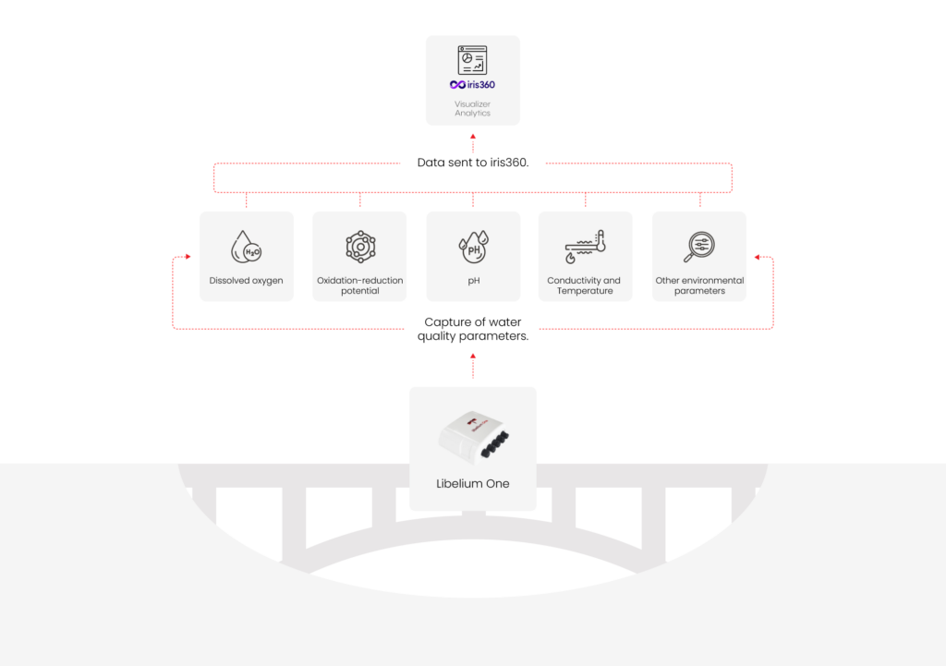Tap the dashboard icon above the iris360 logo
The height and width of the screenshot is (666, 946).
click(472, 60)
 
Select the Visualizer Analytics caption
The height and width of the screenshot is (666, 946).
click(472, 109)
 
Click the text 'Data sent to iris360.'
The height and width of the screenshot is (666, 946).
click(473, 163)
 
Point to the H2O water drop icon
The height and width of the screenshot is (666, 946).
click(246, 247)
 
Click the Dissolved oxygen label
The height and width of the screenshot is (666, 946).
click(246, 281)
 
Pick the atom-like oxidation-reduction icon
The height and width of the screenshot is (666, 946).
click(360, 247)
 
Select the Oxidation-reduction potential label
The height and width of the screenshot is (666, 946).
click(360, 285)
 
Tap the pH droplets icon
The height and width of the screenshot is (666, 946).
click(474, 247)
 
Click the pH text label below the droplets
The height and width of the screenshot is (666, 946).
click(474, 281)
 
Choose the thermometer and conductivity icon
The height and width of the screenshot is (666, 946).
click(585, 247)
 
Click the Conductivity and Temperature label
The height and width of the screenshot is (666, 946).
click(584, 285)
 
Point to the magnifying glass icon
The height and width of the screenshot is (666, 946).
click(699, 247)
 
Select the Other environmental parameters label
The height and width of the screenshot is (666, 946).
click(700, 285)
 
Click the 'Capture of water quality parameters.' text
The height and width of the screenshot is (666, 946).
click(473, 329)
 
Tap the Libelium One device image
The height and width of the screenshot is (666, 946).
click(474, 437)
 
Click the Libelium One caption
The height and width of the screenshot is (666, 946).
click(473, 484)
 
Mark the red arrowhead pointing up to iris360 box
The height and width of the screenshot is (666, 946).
click(473, 137)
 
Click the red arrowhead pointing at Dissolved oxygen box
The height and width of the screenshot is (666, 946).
click(188, 257)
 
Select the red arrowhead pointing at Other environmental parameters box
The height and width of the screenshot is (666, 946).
click(758, 257)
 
